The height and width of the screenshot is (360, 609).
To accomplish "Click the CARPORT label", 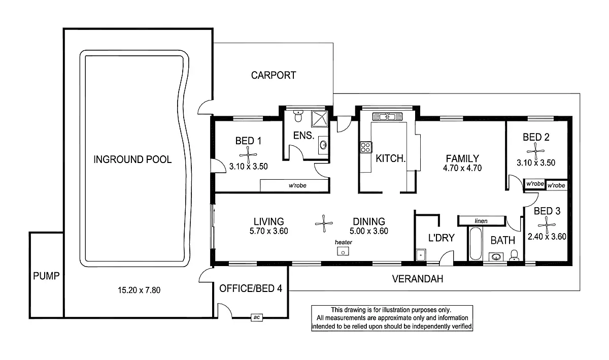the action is [x=274, y=76].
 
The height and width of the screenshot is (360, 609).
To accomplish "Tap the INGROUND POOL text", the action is [x=132, y=159].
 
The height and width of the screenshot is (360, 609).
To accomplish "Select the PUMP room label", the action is [x=46, y=277].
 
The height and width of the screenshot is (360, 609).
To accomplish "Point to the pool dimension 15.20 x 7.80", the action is [x=139, y=290].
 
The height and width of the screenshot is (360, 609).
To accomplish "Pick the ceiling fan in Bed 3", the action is [x=546, y=223].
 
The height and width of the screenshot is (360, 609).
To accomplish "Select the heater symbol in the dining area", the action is [x=344, y=251].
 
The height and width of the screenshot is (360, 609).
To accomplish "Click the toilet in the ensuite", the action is [x=299, y=116].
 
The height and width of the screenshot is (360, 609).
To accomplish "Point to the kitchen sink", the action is [x=388, y=116].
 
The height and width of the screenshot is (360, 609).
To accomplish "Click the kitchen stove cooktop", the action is [x=365, y=147].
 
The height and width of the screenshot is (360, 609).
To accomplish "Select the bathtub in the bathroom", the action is [x=476, y=245].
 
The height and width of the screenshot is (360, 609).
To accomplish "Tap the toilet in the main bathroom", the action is [x=514, y=254].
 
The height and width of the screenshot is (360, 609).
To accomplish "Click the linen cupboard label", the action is [x=481, y=221].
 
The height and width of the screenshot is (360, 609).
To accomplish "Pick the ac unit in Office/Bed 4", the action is [x=256, y=317].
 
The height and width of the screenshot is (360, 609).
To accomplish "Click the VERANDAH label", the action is [x=418, y=279].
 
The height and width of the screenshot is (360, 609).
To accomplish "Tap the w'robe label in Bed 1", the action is [x=297, y=186].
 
